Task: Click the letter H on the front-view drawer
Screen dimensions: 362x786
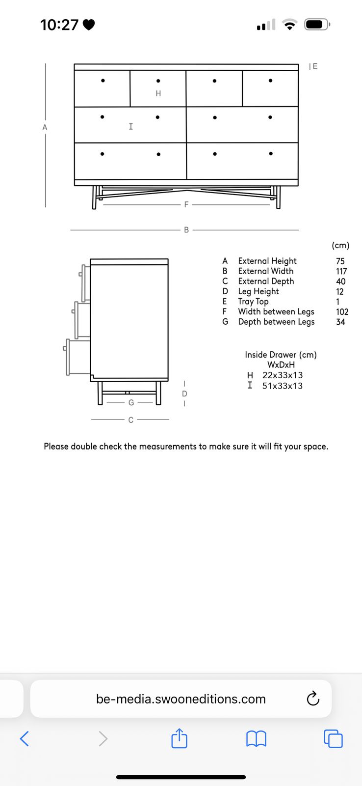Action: tap(158, 93)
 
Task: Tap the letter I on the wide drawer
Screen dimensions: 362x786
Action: tap(130, 126)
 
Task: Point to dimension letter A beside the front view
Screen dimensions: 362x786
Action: tap(45, 127)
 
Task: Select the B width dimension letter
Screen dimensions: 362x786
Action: tap(186, 230)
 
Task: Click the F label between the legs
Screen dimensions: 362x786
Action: tap(186, 204)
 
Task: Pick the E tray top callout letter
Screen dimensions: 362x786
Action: tap(315, 66)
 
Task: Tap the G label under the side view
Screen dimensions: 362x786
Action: tap(131, 402)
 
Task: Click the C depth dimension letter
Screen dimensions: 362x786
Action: tap(130, 420)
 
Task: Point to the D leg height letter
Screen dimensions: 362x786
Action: tap(185, 393)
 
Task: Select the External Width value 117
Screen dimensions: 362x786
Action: tap(341, 271)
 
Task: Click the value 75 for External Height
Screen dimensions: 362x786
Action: tap(340, 261)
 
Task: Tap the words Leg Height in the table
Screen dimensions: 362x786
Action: tap(259, 292)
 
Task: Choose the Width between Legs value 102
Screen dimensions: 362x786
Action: tap(342, 312)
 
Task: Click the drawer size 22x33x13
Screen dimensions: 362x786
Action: tap(283, 375)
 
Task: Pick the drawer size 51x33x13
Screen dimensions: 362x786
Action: tap(283, 386)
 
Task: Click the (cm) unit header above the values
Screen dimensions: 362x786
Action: tap(340, 245)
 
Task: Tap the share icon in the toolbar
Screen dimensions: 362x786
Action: tap(179, 738)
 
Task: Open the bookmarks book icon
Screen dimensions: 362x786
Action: tap(256, 739)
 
